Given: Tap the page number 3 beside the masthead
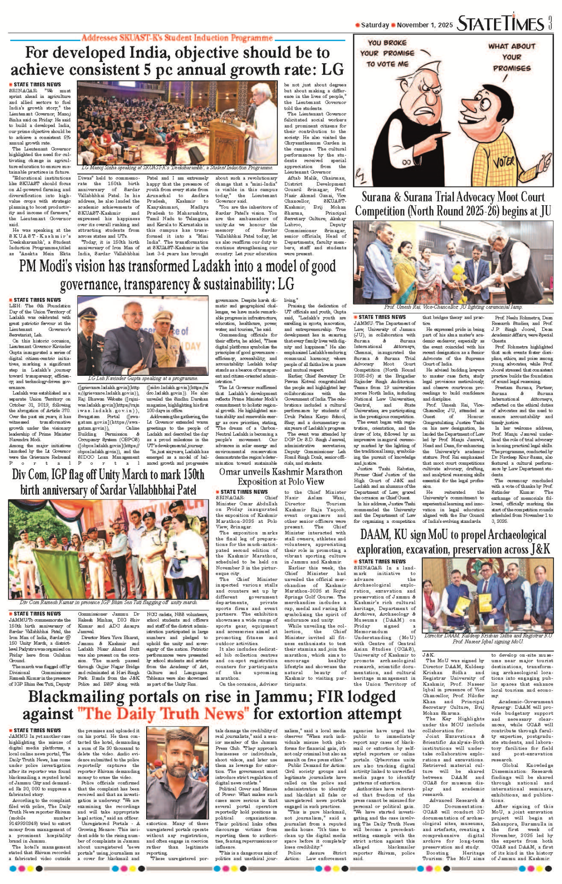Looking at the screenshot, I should (550, 22).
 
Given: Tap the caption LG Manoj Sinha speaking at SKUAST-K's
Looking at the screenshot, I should (177, 167).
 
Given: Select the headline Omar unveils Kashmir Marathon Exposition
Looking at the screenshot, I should (281, 476).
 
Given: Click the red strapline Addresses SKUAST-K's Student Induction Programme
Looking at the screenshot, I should (177, 38).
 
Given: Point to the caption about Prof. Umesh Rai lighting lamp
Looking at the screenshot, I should (453, 307).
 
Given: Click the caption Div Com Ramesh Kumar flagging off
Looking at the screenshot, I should (108, 602).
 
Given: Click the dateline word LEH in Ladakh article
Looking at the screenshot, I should (15, 306).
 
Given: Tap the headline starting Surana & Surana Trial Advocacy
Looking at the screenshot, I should (453, 204).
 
